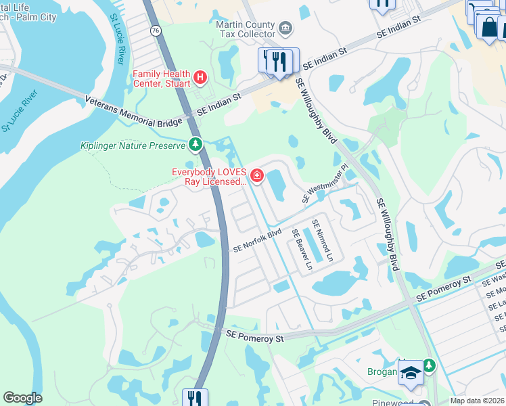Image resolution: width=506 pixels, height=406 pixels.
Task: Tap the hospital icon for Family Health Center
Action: (200, 78)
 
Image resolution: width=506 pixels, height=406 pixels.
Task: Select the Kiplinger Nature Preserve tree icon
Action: (195, 144)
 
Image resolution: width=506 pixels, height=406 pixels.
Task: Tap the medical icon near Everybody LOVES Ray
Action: (256, 177)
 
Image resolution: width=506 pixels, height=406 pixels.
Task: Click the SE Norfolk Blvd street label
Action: (257, 241)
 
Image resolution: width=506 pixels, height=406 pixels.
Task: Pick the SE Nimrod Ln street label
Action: (322, 240)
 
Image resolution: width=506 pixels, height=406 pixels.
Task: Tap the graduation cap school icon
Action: (411, 372)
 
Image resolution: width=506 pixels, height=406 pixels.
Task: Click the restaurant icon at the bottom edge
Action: (194, 398)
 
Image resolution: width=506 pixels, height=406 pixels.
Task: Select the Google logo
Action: (22, 398)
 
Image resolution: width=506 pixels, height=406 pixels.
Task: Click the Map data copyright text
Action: (478, 401)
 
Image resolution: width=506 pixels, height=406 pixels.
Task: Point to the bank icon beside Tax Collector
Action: (285, 28)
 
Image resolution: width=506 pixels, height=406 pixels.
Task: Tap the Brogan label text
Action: (383, 371)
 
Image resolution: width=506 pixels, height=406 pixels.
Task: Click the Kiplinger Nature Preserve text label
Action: (133, 145)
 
